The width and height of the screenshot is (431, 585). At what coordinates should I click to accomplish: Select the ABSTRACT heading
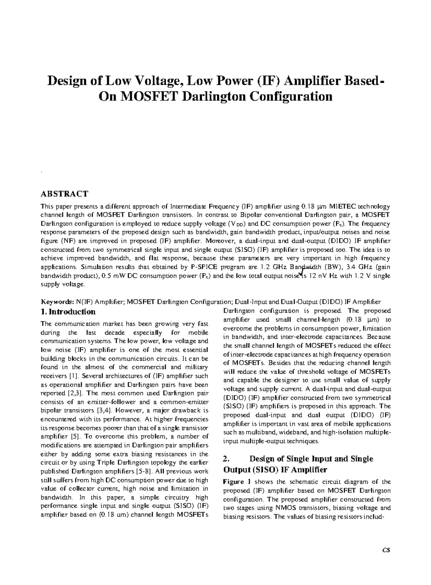64,194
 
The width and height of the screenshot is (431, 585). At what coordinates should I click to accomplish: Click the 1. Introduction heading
68,312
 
